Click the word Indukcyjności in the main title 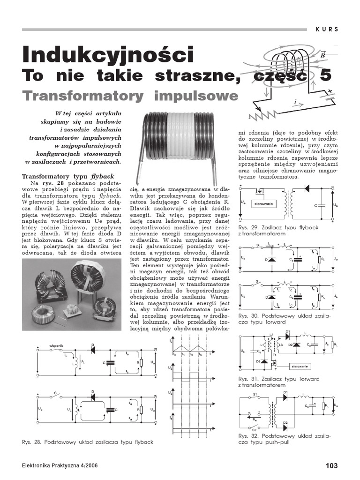[x=107, y=55]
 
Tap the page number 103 [x=331, y=465]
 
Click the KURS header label [x=327, y=29]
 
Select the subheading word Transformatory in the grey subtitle [x=82, y=96]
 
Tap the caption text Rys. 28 [x=30, y=442]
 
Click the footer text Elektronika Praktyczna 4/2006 [x=60, y=466]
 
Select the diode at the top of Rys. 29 [x=307, y=189]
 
